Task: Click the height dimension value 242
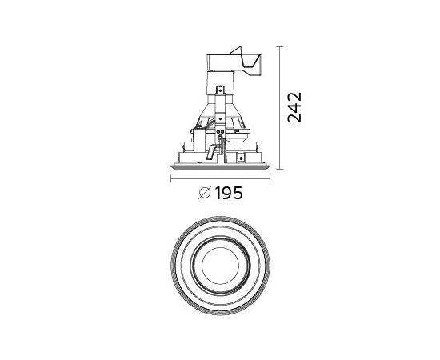tap(294, 107)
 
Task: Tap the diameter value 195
tap(229, 193)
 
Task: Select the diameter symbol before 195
tap(205, 193)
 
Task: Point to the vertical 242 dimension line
tap(279, 108)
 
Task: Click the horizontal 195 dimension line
tap(220, 178)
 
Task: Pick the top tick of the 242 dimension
tap(279, 46)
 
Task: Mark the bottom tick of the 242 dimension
tap(279, 170)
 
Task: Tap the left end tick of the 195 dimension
tap(171, 178)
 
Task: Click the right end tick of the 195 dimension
tap(270, 178)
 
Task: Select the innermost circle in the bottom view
tap(220, 247)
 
